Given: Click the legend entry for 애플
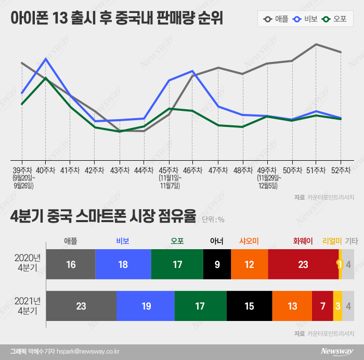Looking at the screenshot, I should point(276,20).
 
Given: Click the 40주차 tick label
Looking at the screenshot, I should point(46,170).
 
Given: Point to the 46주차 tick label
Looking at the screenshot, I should point(192,170).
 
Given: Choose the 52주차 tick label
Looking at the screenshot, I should point(341,170).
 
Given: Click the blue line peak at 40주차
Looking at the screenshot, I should point(46,59).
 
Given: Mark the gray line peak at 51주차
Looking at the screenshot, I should point(316,44).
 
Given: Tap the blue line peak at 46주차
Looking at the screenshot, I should point(192,71).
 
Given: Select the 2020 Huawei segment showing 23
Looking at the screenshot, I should point(303,264).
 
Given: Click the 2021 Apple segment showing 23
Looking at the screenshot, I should point(81,306).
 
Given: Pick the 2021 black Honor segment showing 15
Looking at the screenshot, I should point(249,306).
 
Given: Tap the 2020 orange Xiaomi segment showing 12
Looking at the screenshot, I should point(249,264).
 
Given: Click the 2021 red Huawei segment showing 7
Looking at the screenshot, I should point(322,306).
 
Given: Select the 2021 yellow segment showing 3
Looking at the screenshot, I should point(337,306).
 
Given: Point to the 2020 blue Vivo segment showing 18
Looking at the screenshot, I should point(123,264).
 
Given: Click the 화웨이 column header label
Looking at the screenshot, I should point(303,240).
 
